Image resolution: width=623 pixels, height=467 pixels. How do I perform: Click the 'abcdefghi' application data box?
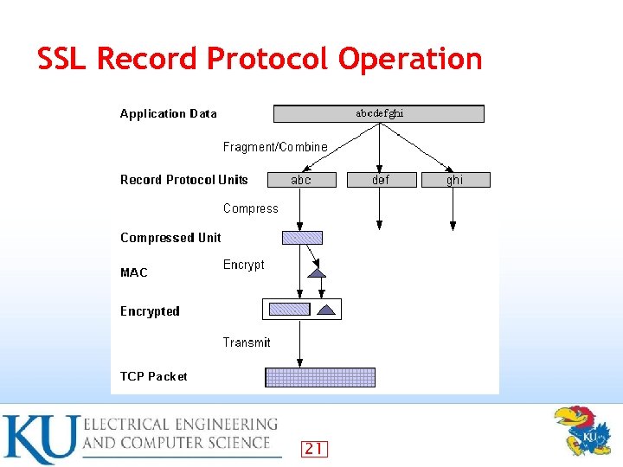click(x=379, y=113)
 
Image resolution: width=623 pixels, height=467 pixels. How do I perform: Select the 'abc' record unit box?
click(x=300, y=180)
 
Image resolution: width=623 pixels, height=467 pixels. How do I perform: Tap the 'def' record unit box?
click(x=380, y=180)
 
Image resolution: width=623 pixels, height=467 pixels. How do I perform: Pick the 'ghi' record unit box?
click(x=454, y=180)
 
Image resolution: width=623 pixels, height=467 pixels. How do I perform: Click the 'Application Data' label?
click(x=168, y=113)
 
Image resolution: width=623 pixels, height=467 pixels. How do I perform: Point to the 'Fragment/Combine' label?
click(x=275, y=147)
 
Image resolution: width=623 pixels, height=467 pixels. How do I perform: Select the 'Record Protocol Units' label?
click(x=183, y=180)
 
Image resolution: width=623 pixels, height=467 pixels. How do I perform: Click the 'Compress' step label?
click(x=251, y=208)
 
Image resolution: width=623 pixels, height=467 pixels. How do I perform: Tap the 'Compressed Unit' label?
click(x=170, y=238)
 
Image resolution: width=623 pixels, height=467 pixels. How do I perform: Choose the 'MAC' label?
click(x=134, y=272)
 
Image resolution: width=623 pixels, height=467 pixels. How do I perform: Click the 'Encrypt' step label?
click(x=244, y=265)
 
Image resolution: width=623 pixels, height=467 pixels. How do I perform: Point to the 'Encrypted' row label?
click(x=150, y=311)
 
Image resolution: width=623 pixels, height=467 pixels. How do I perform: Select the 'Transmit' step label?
click(x=247, y=342)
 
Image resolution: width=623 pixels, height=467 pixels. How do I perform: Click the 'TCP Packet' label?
click(x=153, y=376)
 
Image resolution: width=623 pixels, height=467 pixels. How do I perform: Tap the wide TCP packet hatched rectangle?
click(x=320, y=377)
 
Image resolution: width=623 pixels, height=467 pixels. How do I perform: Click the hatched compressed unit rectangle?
click(x=302, y=238)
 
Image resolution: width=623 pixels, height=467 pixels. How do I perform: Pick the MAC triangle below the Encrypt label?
click(x=318, y=272)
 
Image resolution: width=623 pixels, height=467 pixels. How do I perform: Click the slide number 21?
click(x=314, y=448)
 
